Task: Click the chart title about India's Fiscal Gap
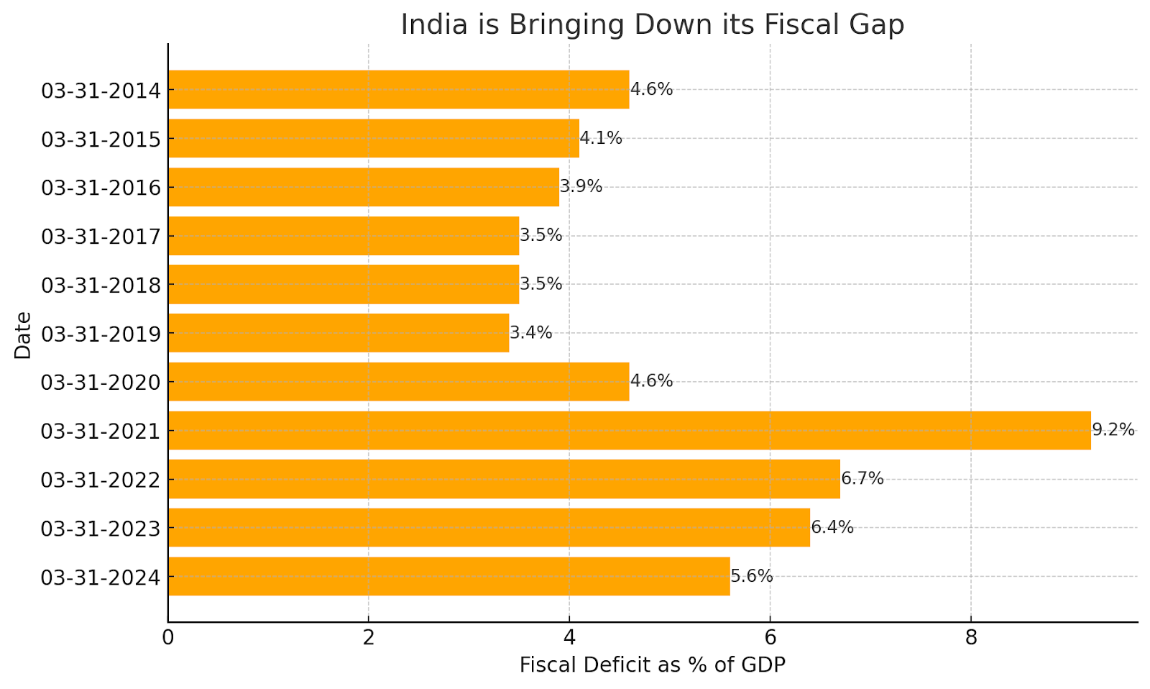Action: [x=652, y=24]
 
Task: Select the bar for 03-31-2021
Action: [x=629, y=430]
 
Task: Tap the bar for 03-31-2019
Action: [x=339, y=333]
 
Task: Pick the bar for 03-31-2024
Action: [x=448, y=576]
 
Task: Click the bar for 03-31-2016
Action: [x=364, y=187]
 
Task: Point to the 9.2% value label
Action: [x=1113, y=430]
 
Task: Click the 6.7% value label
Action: [x=862, y=479]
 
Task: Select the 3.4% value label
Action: [x=531, y=333]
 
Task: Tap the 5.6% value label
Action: [x=752, y=576]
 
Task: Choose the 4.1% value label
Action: [x=601, y=138]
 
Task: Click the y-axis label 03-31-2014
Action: [x=101, y=91]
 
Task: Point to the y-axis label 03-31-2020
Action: [x=101, y=383]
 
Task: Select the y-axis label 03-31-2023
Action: [x=101, y=529]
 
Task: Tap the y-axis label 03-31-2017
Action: [x=101, y=237]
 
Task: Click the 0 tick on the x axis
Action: [x=168, y=638]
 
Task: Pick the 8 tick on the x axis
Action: [x=971, y=638]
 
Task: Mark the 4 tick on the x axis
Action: [x=569, y=638]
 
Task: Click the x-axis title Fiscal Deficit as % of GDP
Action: [x=652, y=665]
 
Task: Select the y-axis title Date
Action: [x=23, y=334]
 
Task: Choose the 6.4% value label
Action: [x=832, y=527]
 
